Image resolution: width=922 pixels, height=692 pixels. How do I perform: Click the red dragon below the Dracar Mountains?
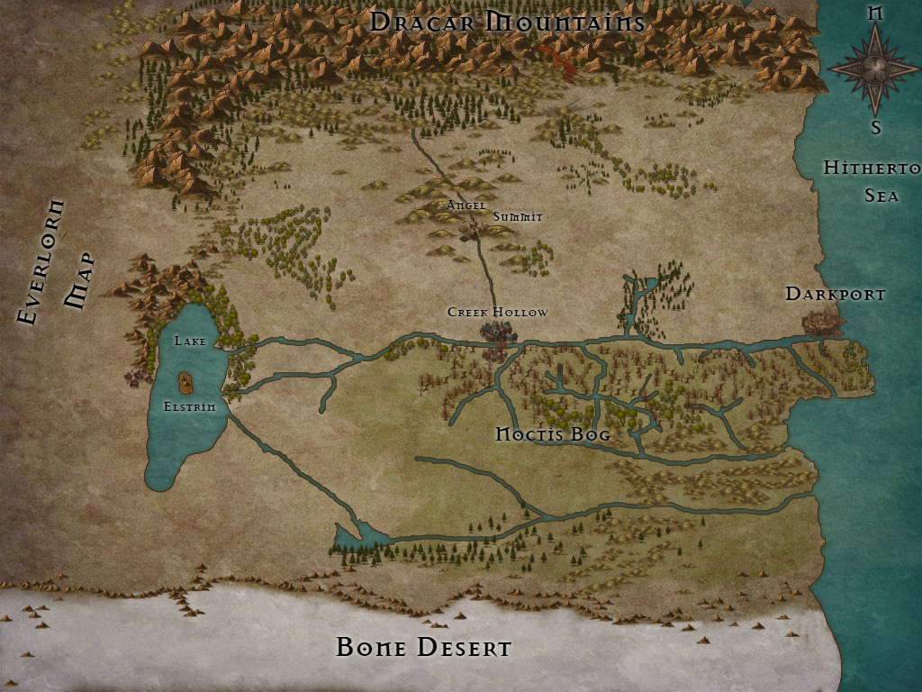(560, 62)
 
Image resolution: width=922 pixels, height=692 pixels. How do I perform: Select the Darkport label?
(836, 294)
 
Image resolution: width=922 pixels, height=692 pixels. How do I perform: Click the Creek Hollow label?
(497, 312)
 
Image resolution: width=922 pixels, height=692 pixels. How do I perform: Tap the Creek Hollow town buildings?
(496, 334)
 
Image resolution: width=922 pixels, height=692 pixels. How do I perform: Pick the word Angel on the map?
(466, 205)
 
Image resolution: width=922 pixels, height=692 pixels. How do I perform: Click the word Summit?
(518, 216)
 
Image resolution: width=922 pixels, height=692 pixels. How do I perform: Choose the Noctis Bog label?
(554, 434)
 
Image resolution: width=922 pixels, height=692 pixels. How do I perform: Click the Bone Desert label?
(423, 647)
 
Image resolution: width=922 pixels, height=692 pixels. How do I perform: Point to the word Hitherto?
(871, 168)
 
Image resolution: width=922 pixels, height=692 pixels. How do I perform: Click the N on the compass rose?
(874, 13)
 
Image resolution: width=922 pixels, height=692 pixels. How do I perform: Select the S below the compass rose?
(875, 127)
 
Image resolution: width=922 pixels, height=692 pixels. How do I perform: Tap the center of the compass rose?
(874, 69)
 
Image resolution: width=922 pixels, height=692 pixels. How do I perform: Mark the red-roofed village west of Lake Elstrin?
(137, 374)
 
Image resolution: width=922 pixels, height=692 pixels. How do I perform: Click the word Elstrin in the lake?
(189, 406)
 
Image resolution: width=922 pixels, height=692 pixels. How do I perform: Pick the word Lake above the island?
(190, 341)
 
